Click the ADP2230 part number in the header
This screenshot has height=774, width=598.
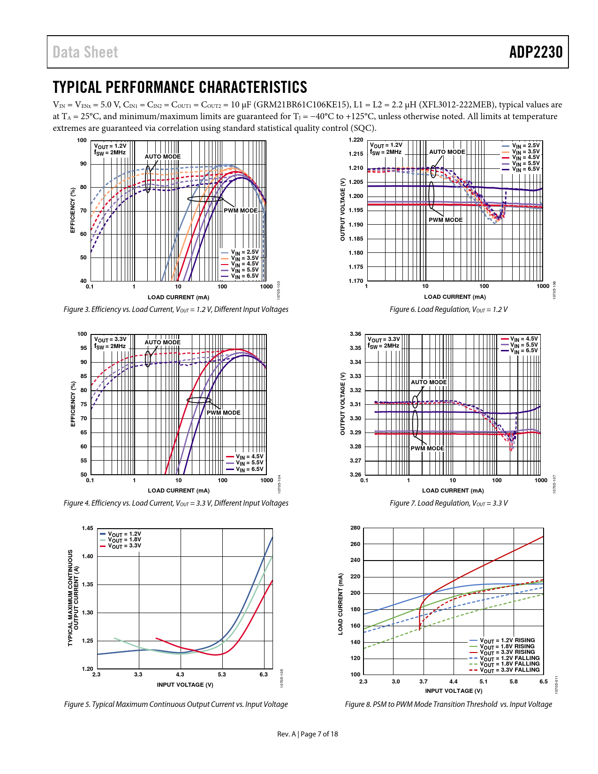[x=536, y=52]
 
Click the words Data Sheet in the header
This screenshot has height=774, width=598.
[x=85, y=52]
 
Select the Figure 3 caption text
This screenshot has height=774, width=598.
[x=176, y=309]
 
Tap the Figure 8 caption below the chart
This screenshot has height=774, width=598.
[x=448, y=704]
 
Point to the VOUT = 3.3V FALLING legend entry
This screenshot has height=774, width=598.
[x=509, y=670]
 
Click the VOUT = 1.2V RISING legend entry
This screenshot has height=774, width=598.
[x=507, y=640]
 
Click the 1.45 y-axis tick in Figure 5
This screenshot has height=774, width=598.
[x=87, y=528]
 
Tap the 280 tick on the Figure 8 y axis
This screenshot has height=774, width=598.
[x=356, y=528]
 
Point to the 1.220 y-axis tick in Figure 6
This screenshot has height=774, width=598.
[x=356, y=140]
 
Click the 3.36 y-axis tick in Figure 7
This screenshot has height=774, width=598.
[x=356, y=334]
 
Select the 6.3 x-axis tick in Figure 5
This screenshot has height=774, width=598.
[x=264, y=675]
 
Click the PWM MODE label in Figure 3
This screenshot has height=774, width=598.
[x=241, y=211]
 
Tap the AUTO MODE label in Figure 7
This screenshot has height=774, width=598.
[x=429, y=382]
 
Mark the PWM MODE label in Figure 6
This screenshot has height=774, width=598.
[x=446, y=220]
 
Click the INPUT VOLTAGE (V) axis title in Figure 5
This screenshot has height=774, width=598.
[x=185, y=685]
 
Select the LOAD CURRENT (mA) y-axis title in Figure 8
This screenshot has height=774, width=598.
[x=341, y=604]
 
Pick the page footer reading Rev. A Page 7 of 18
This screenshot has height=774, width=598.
[x=307, y=734]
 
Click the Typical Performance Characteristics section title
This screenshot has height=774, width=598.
[x=180, y=87]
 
